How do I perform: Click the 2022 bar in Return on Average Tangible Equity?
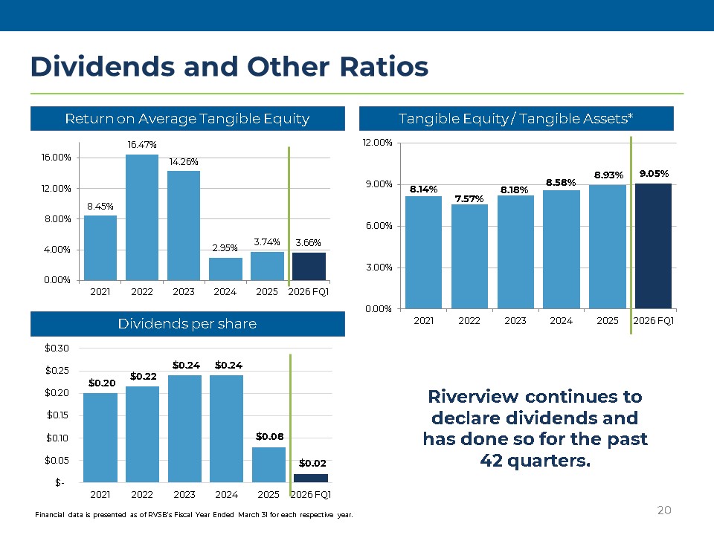coord(141,217)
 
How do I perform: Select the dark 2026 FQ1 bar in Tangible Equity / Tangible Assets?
coord(653,246)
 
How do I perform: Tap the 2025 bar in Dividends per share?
coord(268,464)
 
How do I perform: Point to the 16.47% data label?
coord(141,144)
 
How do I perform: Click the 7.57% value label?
coord(469,198)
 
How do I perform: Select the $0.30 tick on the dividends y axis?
coord(57,348)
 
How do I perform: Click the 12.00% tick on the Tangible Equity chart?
coord(379,143)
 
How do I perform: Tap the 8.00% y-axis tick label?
coord(57,218)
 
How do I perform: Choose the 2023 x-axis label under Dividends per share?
coord(184,494)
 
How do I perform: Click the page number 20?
coord(664,510)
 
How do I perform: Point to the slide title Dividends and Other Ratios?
coord(229,67)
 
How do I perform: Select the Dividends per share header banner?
coord(187,324)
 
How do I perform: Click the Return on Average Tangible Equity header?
coord(187,118)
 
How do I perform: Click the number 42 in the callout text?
coord(492,460)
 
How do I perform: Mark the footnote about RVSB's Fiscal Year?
coord(194,515)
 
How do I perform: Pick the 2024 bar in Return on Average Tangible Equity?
coord(225,268)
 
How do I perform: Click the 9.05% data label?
coord(653,173)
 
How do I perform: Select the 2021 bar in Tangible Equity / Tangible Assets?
coord(423,252)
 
